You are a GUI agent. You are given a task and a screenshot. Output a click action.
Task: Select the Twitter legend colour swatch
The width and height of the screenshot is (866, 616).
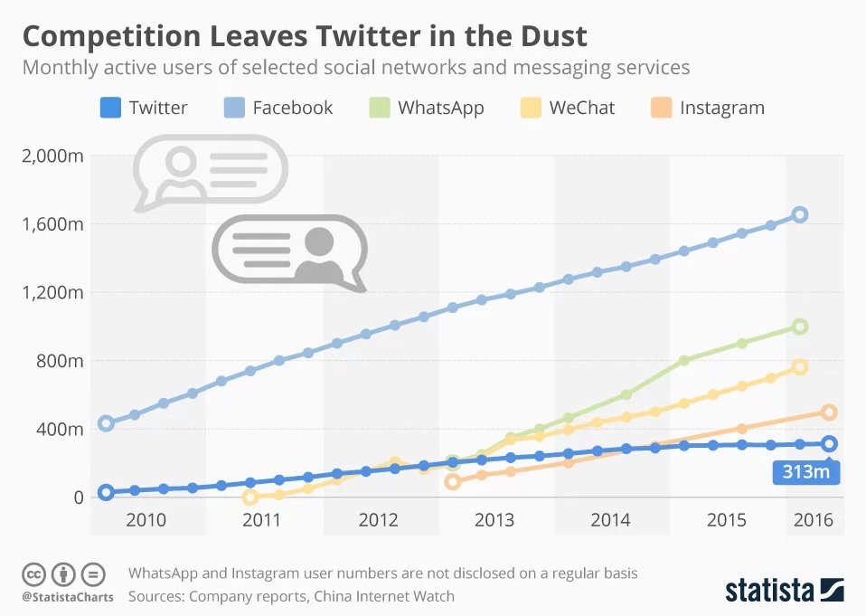(109, 108)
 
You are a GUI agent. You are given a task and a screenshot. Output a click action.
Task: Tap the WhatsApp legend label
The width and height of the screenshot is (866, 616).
(440, 108)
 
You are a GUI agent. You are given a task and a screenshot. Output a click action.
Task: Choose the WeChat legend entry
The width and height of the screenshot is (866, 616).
(581, 108)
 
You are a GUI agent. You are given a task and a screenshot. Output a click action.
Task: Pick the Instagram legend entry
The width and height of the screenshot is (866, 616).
(721, 108)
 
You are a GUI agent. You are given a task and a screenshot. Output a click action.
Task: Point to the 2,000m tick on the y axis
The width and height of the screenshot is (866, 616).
(52, 156)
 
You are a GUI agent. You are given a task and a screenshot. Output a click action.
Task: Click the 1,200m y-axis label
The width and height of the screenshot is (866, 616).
(52, 292)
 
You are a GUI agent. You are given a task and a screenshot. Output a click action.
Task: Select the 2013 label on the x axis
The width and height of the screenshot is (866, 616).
(494, 521)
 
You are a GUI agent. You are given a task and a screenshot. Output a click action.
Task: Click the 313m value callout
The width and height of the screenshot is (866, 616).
(806, 472)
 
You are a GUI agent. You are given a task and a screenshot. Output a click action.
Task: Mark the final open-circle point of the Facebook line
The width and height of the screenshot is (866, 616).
(800, 214)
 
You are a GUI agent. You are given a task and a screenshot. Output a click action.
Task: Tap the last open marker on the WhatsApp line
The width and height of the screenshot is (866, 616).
(800, 327)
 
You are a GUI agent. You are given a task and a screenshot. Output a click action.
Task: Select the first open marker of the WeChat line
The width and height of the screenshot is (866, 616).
(250, 497)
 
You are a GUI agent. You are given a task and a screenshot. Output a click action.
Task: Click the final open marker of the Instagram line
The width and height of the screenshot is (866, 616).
(829, 412)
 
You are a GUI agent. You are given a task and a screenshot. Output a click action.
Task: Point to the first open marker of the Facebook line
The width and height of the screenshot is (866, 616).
(106, 423)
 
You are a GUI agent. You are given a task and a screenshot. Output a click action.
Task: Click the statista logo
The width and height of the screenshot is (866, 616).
(785, 590)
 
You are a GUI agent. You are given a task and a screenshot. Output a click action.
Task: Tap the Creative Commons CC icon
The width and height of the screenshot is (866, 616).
(33, 573)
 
